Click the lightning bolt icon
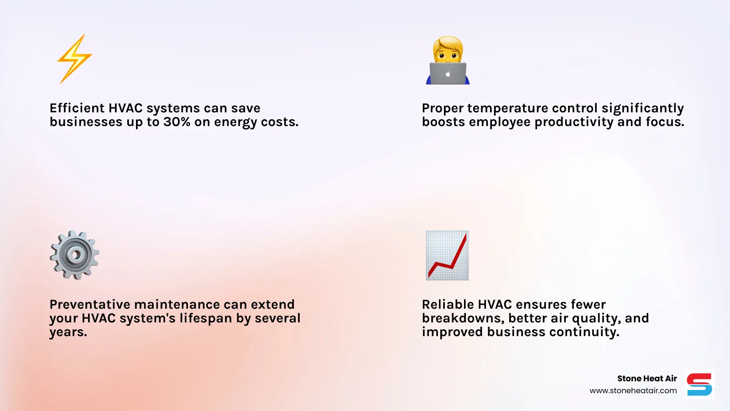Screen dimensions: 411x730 click(74, 58)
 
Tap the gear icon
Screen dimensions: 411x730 click(74, 255)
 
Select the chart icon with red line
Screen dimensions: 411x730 click(447, 255)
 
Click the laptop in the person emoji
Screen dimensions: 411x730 click(448, 74)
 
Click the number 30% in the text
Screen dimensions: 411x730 click(177, 122)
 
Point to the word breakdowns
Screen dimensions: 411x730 click(463, 318)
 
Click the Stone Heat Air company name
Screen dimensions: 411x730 click(647, 379)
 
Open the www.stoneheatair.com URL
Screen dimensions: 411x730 click(633, 391)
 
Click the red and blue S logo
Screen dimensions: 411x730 click(699, 385)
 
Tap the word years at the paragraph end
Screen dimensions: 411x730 click(68, 332)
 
